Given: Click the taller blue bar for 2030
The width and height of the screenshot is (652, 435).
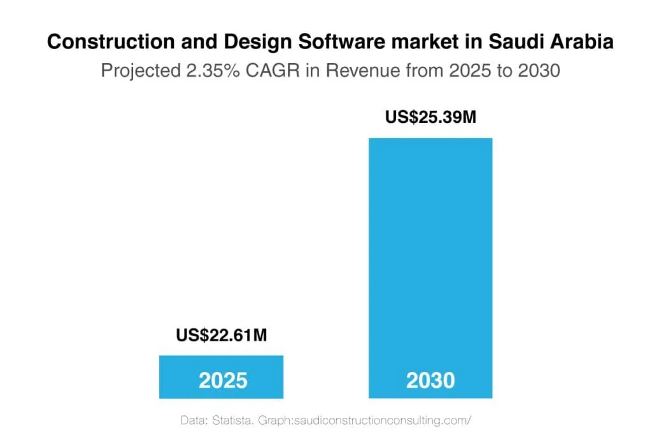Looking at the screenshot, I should pyautogui.click(x=430, y=255).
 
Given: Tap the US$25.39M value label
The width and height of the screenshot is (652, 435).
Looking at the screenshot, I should pyautogui.click(x=430, y=118).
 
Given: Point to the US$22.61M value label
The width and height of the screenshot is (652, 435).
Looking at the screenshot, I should pyautogui.click(x=222, y=335).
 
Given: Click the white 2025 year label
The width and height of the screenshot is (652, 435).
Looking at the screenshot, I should pyautogui.click(x=223, y=381).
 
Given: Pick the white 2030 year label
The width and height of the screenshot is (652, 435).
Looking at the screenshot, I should pyautogui.click(x=430, y=381).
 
